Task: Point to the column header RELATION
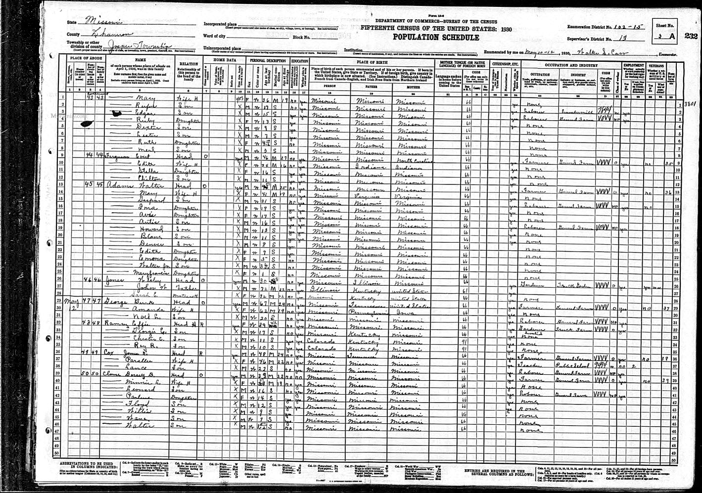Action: tap(188, 63)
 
